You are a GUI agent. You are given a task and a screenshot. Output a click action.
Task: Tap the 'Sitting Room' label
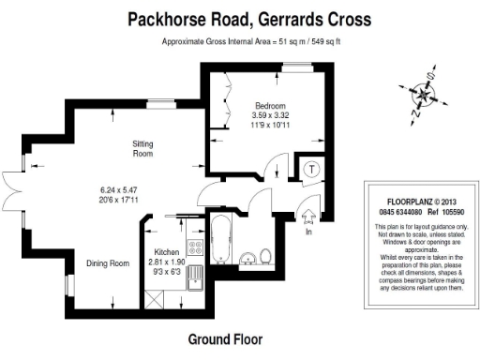[x=142, y=148]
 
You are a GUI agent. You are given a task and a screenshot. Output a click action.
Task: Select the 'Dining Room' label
[x=107, y=263]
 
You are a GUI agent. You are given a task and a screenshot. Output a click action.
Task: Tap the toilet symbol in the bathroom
[x=266, y=256]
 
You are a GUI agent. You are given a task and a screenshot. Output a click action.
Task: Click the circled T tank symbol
[x=311, y=170]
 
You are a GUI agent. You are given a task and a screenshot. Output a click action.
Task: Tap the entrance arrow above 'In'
[x=308, y=215]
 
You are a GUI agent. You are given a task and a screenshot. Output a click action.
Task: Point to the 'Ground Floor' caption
[x=225, y=338]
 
